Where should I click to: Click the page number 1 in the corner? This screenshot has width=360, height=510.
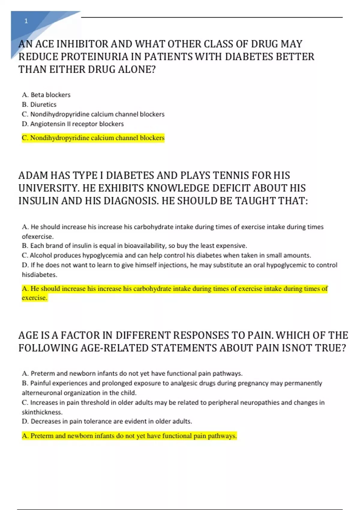pos(26,21)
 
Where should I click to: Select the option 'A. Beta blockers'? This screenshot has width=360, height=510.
pos(46,95)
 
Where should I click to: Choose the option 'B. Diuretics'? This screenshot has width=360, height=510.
pos(39,104)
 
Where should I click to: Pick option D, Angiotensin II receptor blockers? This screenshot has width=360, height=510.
pos(73,124)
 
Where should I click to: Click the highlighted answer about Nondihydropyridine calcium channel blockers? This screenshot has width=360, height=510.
pos(93,138)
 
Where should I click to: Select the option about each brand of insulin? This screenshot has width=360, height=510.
pos(134,246)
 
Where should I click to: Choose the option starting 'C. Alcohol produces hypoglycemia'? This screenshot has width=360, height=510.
pos(166,255)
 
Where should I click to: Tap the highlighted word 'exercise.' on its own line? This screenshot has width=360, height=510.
pos(34,298)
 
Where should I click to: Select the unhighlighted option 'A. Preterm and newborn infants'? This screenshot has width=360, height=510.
pos(132,373)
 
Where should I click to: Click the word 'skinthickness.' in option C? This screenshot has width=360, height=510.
pos(42,412)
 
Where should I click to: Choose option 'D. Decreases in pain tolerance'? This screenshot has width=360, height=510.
pos(107,421)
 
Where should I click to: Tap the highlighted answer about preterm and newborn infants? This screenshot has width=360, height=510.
pos(129,436)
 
